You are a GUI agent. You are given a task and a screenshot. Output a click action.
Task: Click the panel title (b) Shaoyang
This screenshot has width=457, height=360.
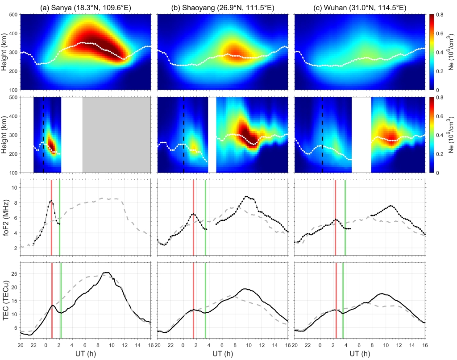point(223,7)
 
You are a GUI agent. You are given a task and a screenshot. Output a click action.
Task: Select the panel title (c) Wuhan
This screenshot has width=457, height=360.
point(360,7)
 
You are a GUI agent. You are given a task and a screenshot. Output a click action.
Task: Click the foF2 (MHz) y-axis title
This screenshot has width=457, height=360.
point(6,217)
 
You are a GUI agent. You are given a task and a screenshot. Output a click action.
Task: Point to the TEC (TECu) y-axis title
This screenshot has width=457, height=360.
point(6,300)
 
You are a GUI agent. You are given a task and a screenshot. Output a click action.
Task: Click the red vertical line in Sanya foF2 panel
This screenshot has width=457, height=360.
point(51,217)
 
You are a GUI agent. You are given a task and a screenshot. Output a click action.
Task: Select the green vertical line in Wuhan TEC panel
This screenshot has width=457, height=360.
point(343,300)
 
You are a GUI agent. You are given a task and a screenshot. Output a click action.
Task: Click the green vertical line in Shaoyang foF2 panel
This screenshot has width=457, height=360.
point(205,217)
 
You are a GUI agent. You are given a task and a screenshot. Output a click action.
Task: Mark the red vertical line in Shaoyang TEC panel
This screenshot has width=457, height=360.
point(193,300)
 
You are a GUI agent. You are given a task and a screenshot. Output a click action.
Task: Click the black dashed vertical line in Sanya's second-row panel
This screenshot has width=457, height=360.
point(43,134)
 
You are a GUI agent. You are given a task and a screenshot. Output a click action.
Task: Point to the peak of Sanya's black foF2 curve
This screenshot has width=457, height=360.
point(51,201)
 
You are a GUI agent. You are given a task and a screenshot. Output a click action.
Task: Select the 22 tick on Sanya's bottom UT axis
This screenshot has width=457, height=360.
point(33,345)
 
